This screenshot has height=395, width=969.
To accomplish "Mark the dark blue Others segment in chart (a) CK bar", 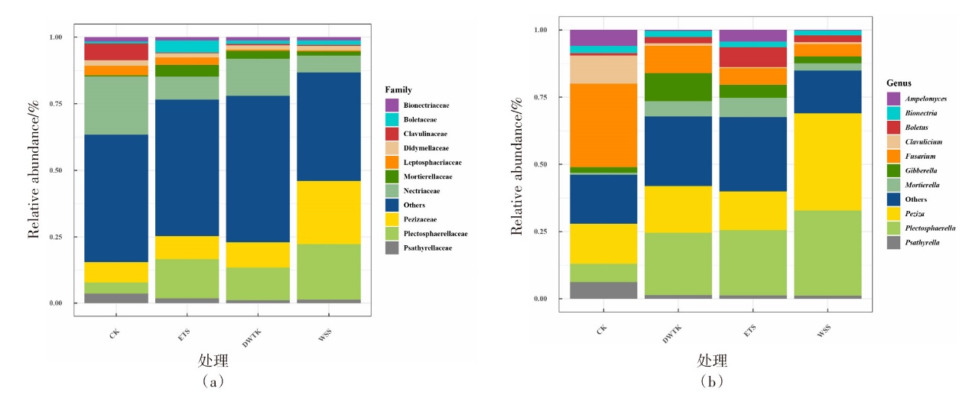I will pos(116,198).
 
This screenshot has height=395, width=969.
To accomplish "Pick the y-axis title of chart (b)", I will pos(517,164).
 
